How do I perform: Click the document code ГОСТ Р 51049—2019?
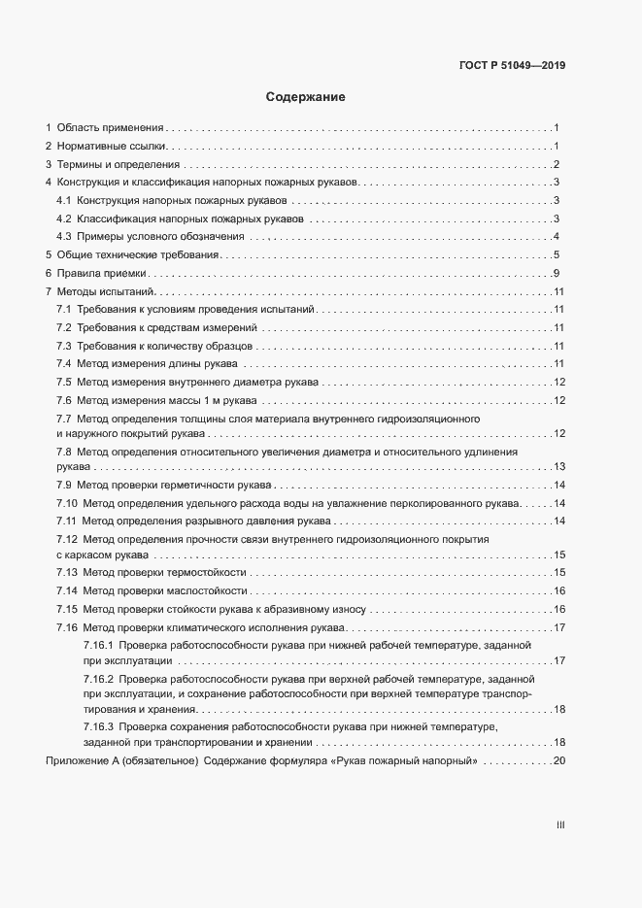point(511,66)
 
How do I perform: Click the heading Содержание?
point(306,97)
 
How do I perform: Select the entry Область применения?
point(110,128)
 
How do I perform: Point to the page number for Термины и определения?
point(557,164)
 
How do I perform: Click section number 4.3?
point(64,236)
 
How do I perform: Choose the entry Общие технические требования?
point(137,254)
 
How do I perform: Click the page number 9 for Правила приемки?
point(557,273)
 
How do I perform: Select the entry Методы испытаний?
point(106,291)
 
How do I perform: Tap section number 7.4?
point(64,363)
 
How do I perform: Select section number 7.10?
point(67,502)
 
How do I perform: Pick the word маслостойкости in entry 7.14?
point(206,590)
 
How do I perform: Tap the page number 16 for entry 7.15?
point(558,609)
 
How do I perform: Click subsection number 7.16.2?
point(100,678)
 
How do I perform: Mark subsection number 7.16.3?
point(100,727)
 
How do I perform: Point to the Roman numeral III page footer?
point(560,824)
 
